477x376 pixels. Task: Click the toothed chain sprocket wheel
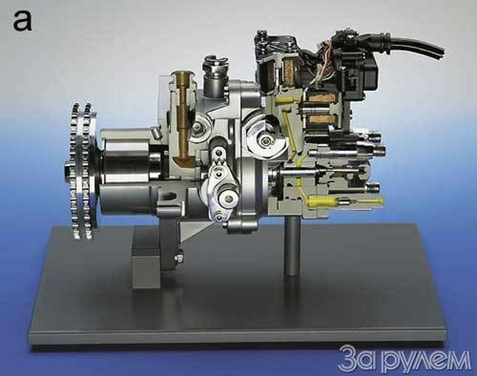82,171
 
